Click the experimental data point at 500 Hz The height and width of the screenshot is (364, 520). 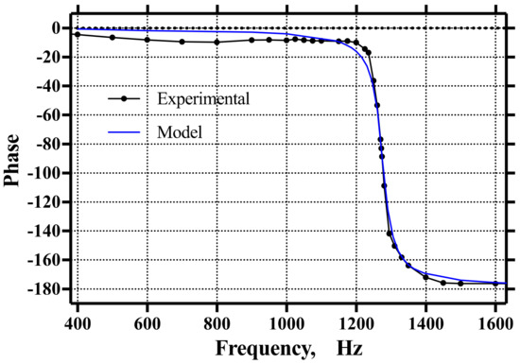point(113,37)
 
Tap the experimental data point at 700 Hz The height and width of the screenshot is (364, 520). point(182,42)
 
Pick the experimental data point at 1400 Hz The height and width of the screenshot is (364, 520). point(425,277)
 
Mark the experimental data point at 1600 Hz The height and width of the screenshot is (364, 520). point(495,283)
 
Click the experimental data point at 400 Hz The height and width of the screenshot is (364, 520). point(78,34)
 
